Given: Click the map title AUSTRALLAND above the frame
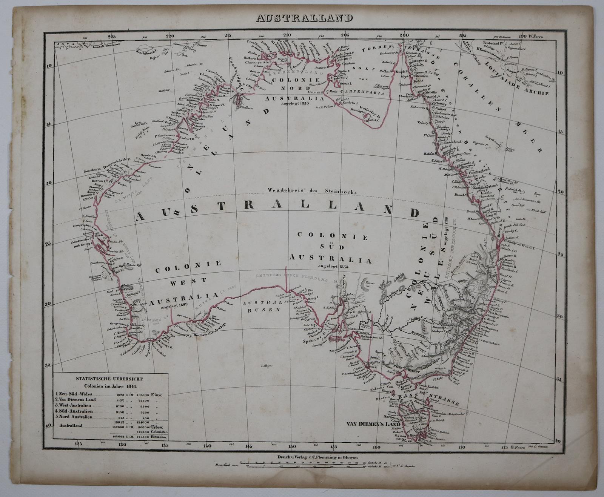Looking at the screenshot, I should [304, 18].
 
